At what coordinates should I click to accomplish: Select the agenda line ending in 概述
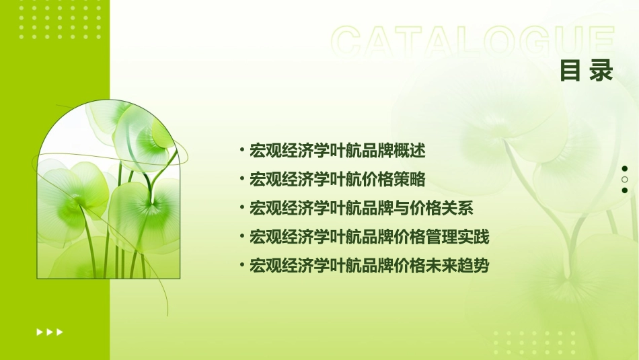[x=337, y=150]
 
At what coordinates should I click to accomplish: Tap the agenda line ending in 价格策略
[x=337, y=179]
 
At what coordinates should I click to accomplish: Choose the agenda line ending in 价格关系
[x=361, y=208]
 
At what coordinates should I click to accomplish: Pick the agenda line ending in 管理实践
[x=369, y=237]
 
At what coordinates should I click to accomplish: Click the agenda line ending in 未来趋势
[x=369, y=266]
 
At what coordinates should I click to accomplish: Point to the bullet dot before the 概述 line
[x=241, y=150]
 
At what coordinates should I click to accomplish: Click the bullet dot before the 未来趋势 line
[x=241, y=266]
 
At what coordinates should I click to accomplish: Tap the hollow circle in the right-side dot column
[x=625, y=180]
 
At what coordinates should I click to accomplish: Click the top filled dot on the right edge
[x=625, y=169]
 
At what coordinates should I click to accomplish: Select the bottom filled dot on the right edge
[x=625, y=190]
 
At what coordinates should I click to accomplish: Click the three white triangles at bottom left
[x=50, y=332]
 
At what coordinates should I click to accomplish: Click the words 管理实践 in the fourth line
[x=465, y=237]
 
